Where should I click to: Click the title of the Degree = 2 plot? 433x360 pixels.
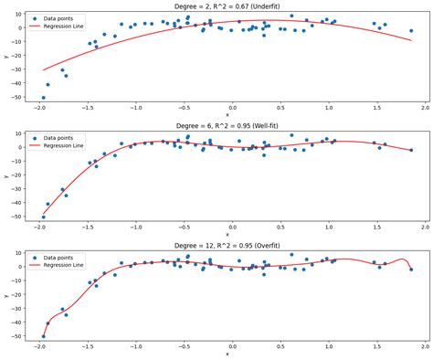pos(227,5)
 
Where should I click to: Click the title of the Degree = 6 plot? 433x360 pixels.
pos(227,124)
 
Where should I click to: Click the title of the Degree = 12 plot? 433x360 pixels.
pos(227,243)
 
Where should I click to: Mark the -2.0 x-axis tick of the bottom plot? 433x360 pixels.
pos(40,344)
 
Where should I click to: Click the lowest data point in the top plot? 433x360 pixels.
pos(43,98)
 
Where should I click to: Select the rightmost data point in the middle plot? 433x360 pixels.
pos(411,150)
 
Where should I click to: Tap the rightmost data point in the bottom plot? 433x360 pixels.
pos(411,269)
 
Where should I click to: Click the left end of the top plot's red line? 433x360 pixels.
pos(43,70)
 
